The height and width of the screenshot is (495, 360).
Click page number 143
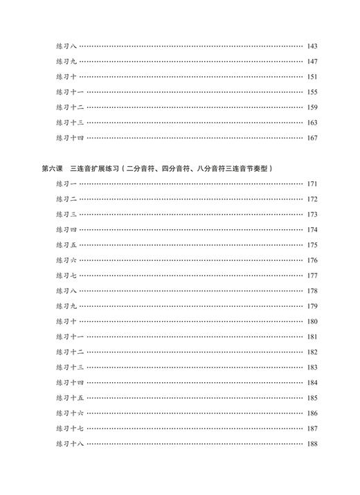pyautogui.click(x=312, y=46)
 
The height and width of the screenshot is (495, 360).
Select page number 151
pyautogui.click(x=312, y=77)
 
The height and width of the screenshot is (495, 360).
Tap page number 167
pyautogui.click(x=312, y=138)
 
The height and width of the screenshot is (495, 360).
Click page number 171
pyautogui.click(x=312, y=184)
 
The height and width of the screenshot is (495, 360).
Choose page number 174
pyautogui.click(x=312, y=230)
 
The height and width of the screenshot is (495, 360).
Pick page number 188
pyautogui.click(x=312, y=444)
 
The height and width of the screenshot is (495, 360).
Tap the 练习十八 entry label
pyautogui.click(x=70, y=444)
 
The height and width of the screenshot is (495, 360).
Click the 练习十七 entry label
pyautogui.click(x=70, y=429)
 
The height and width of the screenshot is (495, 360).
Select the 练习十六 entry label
pyautogui.click(x=70, y=413)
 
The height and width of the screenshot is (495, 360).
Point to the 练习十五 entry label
pyautogui.click(x=70, y=398)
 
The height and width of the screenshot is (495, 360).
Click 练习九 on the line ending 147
pyautogui.click(x=66, y=62)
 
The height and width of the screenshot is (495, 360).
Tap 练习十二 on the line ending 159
pyautogui.click(x=70, y=107)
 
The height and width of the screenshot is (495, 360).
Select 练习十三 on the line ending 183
pyautogui.click(x=70, y=368)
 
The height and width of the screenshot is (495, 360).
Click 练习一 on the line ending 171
pyautogui.click(x=66, y=184)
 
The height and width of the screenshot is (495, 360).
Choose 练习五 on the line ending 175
pyautogui.click(x=66, y=245)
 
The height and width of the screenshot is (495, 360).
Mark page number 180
pyautogui.click(x=312, y=321)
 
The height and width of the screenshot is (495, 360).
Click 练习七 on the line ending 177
pyautogui.click(x=66, y=276)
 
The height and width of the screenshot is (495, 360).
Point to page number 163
pyautogui.click(x=312, y=123)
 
